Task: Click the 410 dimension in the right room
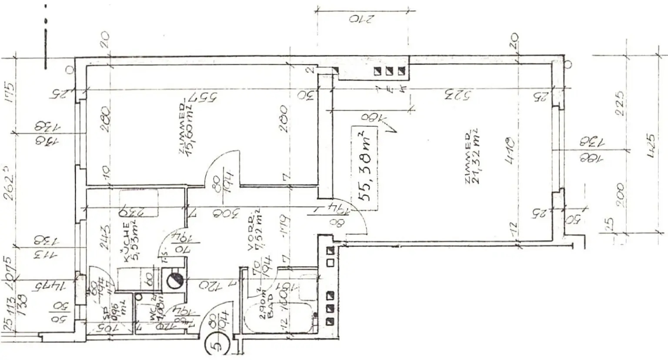(509, 150)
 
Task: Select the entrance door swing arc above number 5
(213, 317)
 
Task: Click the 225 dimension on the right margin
(621, 103)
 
